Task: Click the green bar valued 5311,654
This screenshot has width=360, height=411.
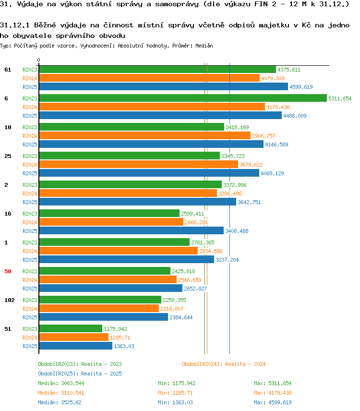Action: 183,98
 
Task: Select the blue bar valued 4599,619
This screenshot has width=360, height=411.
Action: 164,86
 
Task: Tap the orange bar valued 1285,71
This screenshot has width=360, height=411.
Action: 73,337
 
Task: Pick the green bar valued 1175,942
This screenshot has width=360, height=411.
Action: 71,328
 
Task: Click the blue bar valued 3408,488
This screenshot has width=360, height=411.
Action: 131,230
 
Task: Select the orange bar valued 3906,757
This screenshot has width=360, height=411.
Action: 145,135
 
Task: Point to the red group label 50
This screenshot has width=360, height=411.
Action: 8,271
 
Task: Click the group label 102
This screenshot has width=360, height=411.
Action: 10,300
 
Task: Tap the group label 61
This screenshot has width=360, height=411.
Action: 8,70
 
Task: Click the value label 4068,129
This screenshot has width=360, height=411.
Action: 272,173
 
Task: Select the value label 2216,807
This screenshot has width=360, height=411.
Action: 172,309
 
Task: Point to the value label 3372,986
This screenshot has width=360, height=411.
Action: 235,185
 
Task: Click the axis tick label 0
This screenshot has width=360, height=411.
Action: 39,60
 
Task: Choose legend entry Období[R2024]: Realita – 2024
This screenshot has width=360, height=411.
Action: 224,364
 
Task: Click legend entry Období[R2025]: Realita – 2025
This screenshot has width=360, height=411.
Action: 80,374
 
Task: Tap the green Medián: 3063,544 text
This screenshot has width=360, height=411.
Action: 61,383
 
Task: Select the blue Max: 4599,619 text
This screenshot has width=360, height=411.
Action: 273,402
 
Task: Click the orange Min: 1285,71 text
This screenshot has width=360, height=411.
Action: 175,393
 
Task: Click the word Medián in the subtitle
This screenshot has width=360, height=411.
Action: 204,46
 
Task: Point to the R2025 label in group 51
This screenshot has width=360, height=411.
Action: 30,346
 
